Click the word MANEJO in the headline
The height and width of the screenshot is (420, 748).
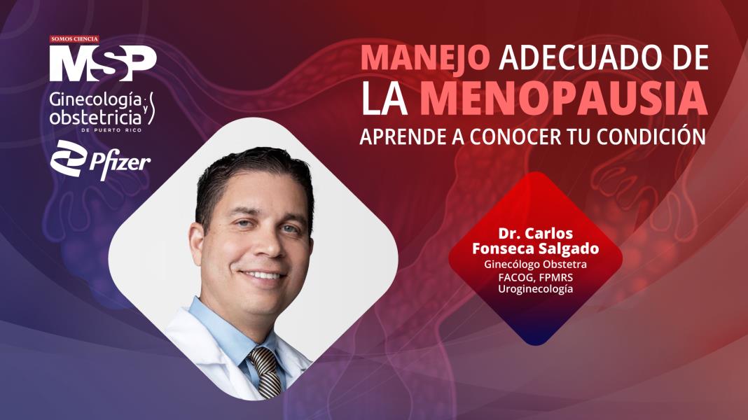click(x=425, y=58)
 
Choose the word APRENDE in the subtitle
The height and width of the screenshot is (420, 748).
click(x=398, y=137)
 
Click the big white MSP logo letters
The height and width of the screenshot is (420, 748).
click(x=102, y=64)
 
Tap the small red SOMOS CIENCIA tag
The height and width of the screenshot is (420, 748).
click(x=74, y=39)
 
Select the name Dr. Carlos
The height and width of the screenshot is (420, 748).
click(x=535, y=233)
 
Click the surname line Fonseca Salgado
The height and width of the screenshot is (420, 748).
click(x=535, y=249)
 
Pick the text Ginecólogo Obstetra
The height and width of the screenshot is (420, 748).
click(x=535, y=265)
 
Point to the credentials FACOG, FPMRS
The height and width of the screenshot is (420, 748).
click(x=535, y=276)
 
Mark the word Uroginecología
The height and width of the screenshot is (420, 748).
click(x=535, y=288)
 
